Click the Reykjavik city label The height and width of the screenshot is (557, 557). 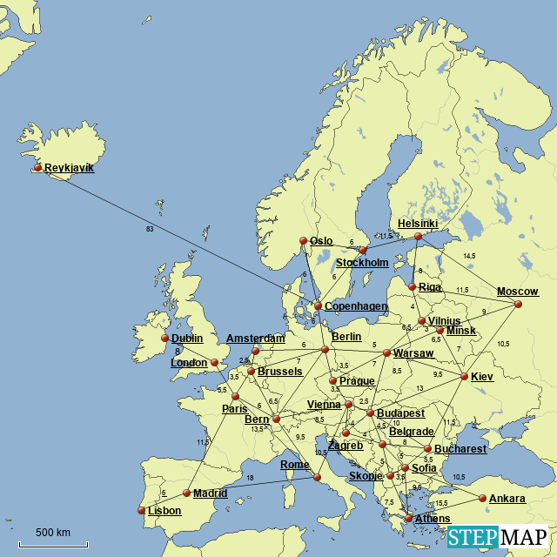(69, 167)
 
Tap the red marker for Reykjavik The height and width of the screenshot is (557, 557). (37, 168)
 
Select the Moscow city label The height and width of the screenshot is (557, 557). (517, 292)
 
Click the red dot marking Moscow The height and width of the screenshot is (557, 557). (519, 304)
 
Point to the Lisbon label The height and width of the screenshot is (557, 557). (164, 511)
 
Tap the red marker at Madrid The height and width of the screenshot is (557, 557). (186, 493)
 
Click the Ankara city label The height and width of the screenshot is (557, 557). (507, 499)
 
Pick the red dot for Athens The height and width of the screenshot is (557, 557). (408, 518)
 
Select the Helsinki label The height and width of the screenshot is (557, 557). (418, 224)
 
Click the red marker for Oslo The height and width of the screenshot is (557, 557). (303, 241)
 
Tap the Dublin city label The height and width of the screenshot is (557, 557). (187, 339)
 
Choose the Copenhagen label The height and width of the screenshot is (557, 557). (355, 306)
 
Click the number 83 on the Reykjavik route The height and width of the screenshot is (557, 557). (151, 229)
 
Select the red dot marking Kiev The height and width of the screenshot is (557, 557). (464, 377)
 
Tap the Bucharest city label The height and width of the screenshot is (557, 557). (460, 449)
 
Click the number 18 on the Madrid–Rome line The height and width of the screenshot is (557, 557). (251, 479)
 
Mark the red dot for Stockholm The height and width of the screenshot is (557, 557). (363, 251)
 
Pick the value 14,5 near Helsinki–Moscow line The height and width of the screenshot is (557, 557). (469, 256)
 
